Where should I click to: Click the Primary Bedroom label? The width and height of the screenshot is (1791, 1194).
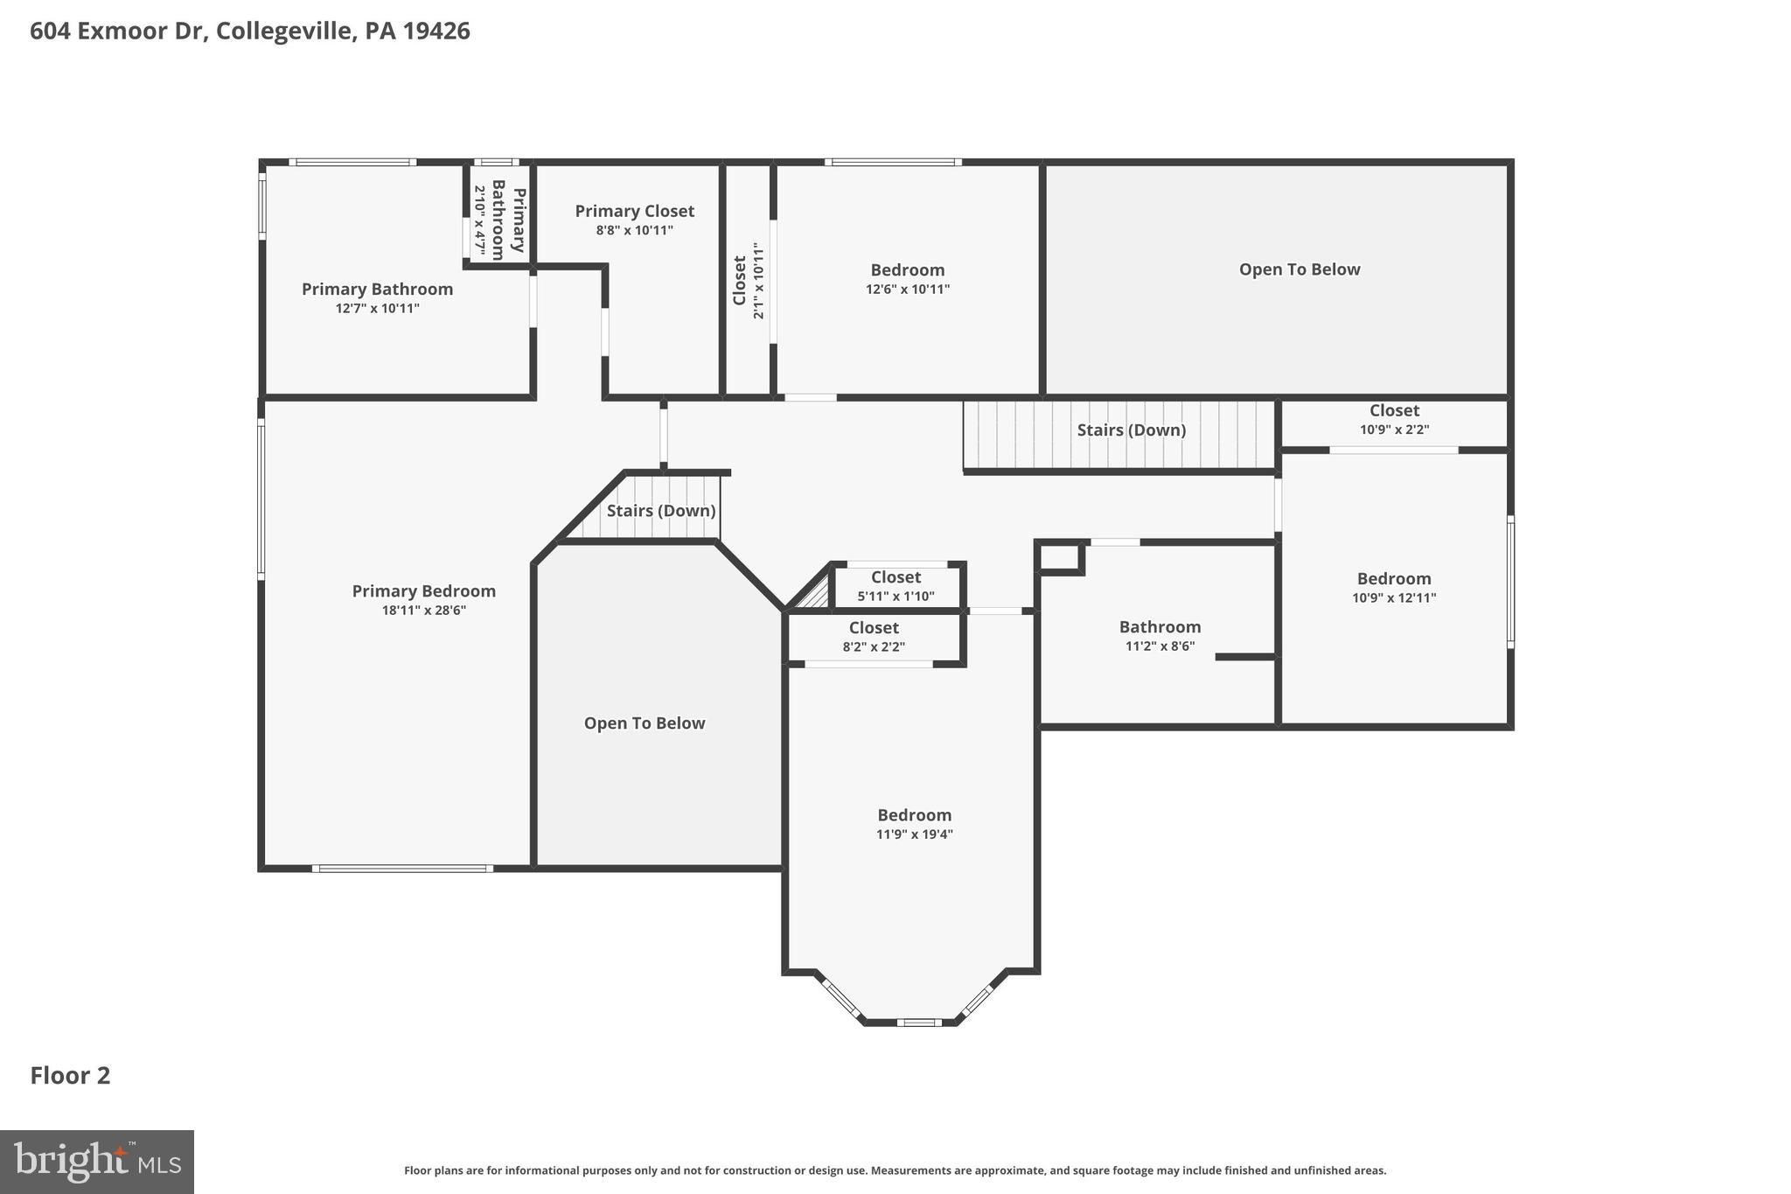pos(423,591)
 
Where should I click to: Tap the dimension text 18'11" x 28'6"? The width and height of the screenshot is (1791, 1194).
pos(423,611)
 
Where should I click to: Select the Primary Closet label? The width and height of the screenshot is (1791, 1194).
pos(634,211)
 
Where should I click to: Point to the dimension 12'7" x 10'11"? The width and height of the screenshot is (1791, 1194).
pos(377,309)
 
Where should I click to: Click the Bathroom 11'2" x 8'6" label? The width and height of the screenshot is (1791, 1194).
pos(1160,627)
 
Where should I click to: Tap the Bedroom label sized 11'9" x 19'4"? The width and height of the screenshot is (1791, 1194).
pos(914,815)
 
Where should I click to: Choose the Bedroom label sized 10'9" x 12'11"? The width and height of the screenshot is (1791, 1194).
pos(1393,579)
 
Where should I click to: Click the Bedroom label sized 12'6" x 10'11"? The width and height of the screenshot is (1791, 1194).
pos(907,270)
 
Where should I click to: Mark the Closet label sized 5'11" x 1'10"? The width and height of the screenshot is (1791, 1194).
pos(895,577)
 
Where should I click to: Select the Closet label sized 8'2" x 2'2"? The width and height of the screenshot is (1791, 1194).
pos(874,628)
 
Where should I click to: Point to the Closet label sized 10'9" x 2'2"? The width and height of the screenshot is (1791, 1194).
pos(1394,410)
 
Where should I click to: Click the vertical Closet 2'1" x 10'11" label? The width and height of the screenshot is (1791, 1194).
pos(740,280)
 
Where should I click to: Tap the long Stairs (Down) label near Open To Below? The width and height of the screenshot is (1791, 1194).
pos(1131,430)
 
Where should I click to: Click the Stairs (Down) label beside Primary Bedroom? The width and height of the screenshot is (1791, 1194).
pos(660,511)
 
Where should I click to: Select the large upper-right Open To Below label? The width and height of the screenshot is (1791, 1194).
pos(1299,269)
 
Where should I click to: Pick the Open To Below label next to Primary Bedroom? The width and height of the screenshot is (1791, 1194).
pos(644,723)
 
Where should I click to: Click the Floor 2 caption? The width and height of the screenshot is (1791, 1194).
pos(70,1075)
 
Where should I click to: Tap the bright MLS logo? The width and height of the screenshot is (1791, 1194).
pos(97,1162)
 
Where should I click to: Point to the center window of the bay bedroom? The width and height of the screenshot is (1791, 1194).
pos(918,1022)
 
